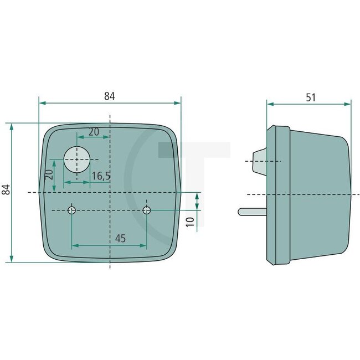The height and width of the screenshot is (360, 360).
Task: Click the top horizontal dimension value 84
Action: tap(109, 96)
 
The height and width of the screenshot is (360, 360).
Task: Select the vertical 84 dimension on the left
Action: tap(6, 189)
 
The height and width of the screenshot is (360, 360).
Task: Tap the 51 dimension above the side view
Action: tap(311, 97)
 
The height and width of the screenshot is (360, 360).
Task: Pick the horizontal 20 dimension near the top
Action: tap(94, 131)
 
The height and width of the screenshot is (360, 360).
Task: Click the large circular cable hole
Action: tap(76, 160)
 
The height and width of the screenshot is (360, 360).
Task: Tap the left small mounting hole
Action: tap(72, 210)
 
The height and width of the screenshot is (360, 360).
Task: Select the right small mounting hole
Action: tap(147, 210)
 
